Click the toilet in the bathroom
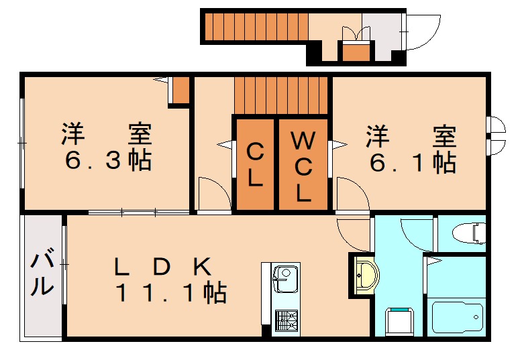point(469,233)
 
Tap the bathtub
point(457,317)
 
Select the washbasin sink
point(366,274)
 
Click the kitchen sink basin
point(284,276)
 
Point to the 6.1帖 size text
point(411,161)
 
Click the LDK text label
point(163,267)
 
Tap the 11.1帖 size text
point(171,293)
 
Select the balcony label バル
point(42,273)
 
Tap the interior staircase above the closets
point(281,95)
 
